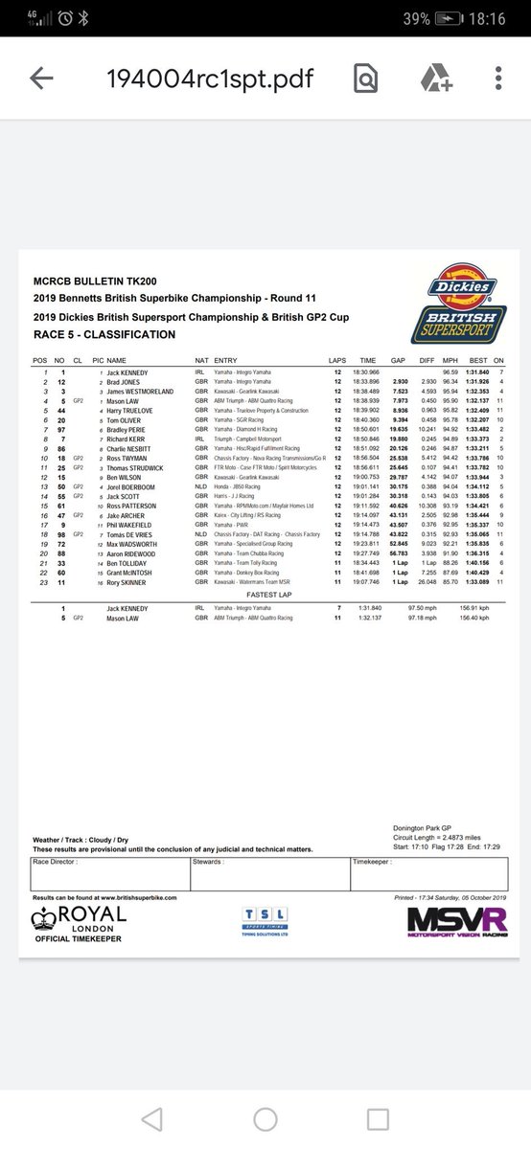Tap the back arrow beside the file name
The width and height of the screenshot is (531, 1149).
tap(41, 79)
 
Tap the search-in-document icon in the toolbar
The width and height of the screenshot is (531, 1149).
tap(365, 79)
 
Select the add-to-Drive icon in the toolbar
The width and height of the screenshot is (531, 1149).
tap(432, 79)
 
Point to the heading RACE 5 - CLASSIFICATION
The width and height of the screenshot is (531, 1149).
tap(104, 335)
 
